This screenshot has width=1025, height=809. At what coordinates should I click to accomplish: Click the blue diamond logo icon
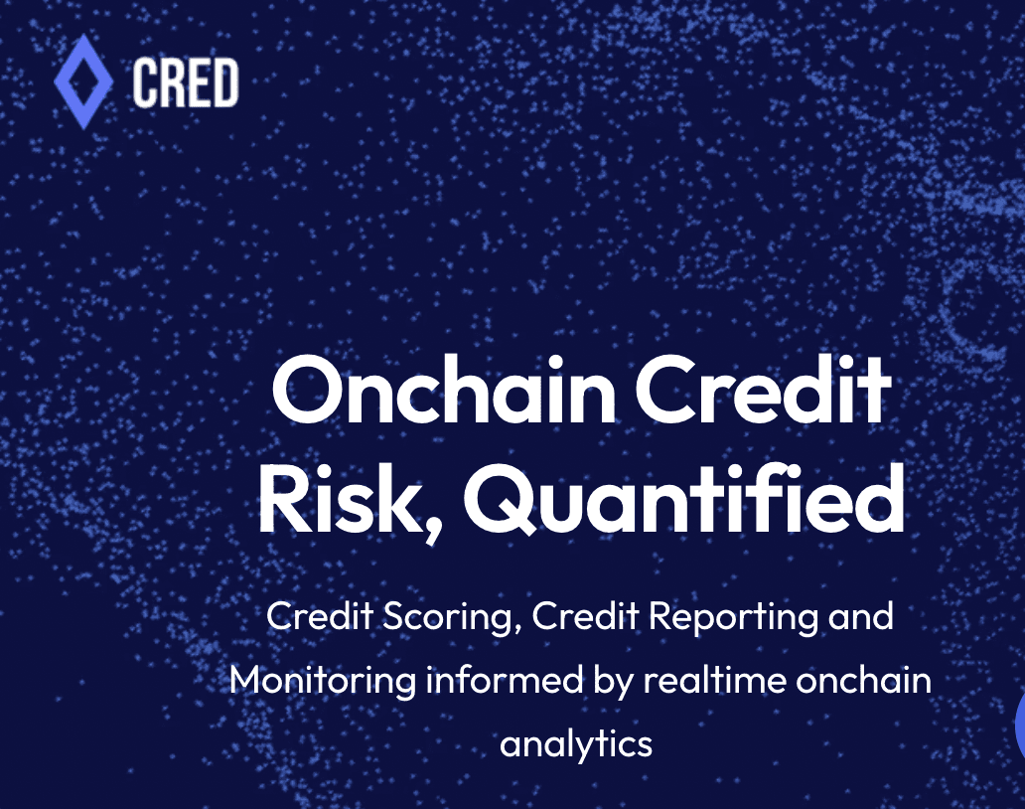point(83,81)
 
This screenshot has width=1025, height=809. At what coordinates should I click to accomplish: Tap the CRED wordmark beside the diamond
point(186,82)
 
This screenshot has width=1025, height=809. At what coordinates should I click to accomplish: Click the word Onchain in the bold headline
point(444,392)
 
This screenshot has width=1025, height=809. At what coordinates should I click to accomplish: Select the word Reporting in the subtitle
point(733,617)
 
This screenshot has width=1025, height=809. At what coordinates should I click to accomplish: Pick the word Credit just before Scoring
point(320,616)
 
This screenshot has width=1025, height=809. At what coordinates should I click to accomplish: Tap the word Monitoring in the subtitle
point(323,681)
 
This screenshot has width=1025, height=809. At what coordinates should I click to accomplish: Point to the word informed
point(504,680)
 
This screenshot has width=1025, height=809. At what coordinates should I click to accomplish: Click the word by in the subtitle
point(614,682)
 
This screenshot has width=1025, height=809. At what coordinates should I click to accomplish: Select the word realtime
point(714,680)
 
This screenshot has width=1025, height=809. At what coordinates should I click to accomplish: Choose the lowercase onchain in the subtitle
point(863,680)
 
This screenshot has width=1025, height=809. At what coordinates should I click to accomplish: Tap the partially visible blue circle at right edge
point(1020,726)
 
